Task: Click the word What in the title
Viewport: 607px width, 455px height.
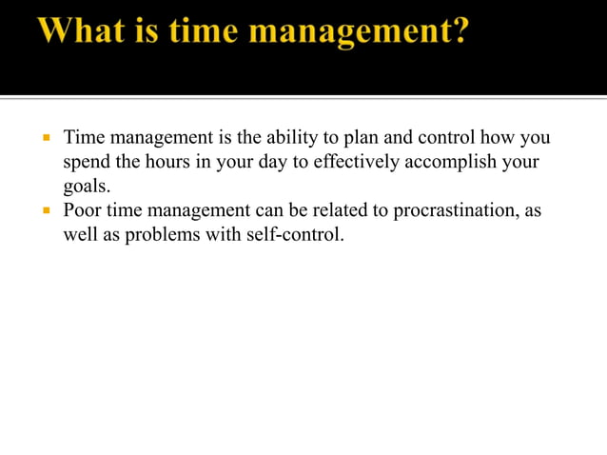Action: pyautogui.click(x=84, y=32)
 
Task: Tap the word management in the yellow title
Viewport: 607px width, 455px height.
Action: pyautogui.click(x=343, y=32)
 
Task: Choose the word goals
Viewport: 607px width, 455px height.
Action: pyautogui.click(x=85, y=187)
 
